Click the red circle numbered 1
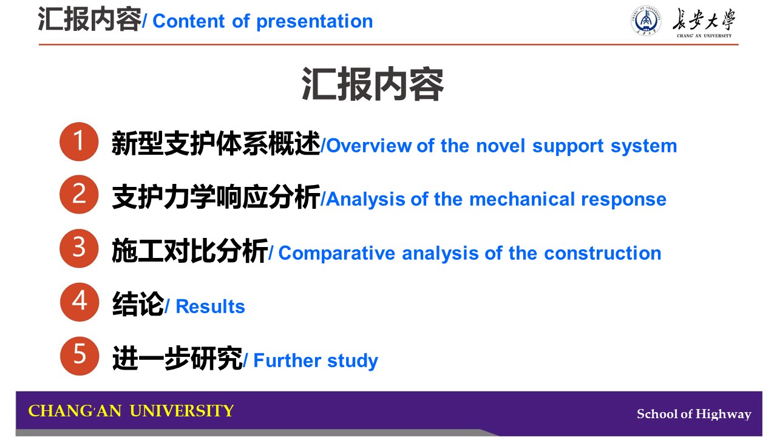pyautogui.click(x=79, y=141)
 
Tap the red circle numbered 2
pyautogui.click(x=79, y=194)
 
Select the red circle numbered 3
pyautogui.click(x=79, y=248)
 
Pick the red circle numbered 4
pyautogui.click(x=80, y=302)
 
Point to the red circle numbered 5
pyautogui.click(x=80, y=356)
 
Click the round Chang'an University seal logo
pyautogui.click(x=645, y=21)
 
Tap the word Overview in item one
pyautogui.click(x=369, y=146)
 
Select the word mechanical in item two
pyautogui.click(x=522, y=199)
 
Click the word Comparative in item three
pyautogui.click(x=336, y=254)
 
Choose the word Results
pyautogui.click(x=210, y=307)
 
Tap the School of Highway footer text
pyautogui.click(x=694, y=414)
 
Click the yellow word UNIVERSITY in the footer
pyautogui.click(x=182, y=411)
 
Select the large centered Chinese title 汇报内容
pyautogui.click(x=373, y=84)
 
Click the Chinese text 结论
pyautogui.click(x=138, y=303)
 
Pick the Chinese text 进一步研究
pyautogui.click(x=177, y=358)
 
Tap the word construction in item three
pyautogui.click(x=603, y=253)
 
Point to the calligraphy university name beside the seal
pyautogui.click(x=704, y=20)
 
